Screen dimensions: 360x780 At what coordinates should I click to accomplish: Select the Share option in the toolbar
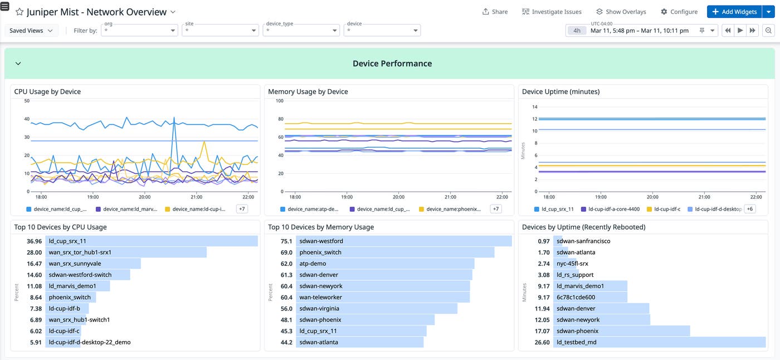495,12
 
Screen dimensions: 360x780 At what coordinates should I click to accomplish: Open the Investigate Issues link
552,12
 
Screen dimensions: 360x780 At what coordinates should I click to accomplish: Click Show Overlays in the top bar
621,12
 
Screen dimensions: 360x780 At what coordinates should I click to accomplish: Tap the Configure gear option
679,12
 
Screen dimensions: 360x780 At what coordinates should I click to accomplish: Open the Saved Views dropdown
31,31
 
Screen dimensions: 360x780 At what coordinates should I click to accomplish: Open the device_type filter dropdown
301,31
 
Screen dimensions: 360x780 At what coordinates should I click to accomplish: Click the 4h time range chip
577,31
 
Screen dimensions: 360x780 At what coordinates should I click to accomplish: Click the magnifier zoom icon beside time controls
768,31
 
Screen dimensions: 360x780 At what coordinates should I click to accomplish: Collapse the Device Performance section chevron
18,64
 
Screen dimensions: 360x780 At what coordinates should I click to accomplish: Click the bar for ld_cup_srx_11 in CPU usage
152,241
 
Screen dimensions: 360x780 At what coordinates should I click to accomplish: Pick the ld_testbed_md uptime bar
660,342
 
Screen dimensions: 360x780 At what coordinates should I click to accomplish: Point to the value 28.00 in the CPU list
34,252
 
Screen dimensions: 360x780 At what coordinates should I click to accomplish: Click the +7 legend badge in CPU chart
242,209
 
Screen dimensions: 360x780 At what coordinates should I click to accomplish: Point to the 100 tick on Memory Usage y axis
280,101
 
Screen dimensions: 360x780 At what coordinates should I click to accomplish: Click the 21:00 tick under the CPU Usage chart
196,197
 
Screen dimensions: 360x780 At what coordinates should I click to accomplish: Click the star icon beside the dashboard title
19,12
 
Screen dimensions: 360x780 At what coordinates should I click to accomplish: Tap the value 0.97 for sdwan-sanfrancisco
544,241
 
